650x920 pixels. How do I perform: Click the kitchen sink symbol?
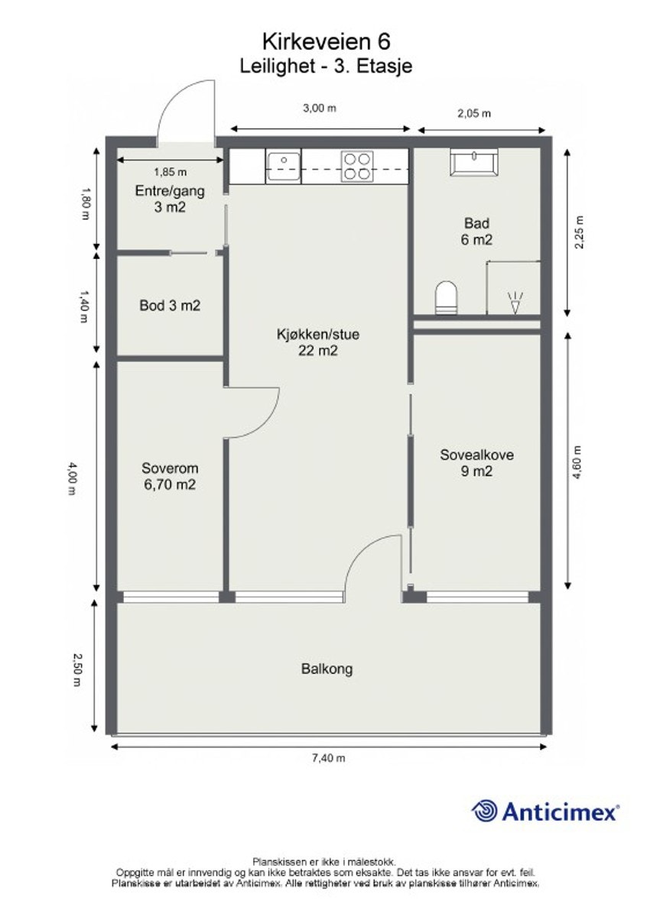[x=284, y=166]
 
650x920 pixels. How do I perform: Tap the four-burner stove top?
[x=357, y=167]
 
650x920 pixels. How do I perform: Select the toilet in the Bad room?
[x=446, y=298]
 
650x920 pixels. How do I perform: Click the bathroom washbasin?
[x=474, y=163]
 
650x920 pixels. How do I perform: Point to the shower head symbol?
[x=515, y=302]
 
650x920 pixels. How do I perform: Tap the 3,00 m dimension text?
[x=320, y=108]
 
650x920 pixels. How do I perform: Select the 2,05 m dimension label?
[x=474, y=113]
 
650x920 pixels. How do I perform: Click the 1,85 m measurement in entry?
[x=171, y=172]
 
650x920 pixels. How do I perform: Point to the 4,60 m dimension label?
[x=578, y=462]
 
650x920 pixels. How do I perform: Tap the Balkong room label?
[x=327, y=669]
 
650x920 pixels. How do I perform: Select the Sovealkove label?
[x=476, y=455]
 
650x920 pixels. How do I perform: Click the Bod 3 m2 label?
[x=170, y=306]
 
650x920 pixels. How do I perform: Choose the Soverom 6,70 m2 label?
[x=170, y=477]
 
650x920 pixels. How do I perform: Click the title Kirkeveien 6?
[x=326, y=41]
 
